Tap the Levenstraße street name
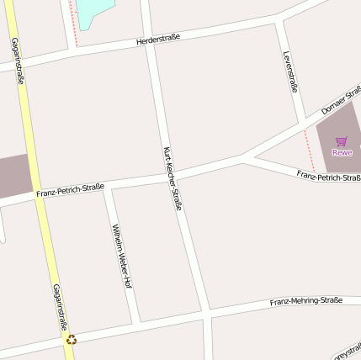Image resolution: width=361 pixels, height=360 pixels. pyautogui.click(x=291, y=71)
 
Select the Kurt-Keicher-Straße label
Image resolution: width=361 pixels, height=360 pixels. pyautogui.click(x=172, y=177)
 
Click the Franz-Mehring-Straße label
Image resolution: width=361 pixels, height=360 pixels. pyautogui.click(x=306, y=301)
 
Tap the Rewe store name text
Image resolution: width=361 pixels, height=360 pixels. pyautogui.click(x=342, y=152)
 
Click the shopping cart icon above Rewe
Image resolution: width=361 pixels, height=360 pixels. pyautogui.click(x=341, y=141)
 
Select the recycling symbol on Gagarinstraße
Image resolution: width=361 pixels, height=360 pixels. pyautogui.click(x=72, y=339)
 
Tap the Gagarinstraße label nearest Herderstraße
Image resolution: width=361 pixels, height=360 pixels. pyautogui.click(x=18, y=61)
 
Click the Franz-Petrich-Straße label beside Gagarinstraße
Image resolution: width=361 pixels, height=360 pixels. pyautogui.click(x=70, y=190)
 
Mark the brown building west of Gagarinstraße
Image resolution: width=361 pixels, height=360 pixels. pyautogui.click(x=13, y=176)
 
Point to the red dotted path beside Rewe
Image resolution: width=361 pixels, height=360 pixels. pyautogui.click(x=309, y=151)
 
